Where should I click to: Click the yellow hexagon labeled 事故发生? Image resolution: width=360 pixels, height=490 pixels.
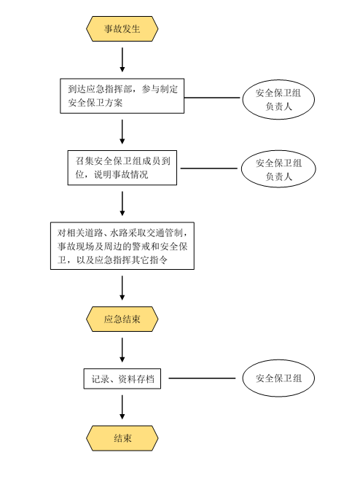tap(122, 28)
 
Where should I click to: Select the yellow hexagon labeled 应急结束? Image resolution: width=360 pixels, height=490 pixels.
tap(122, 319)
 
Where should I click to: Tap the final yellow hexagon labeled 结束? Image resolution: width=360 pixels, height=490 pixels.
tap(122, 437)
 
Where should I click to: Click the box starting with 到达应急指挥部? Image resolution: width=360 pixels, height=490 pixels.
tap(122, 96)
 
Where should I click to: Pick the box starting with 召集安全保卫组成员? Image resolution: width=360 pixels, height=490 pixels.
tap(122, 168)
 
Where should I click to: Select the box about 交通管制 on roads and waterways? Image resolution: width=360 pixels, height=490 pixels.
tap(122, 246)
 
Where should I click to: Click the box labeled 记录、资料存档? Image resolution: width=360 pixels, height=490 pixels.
tap(122, 378)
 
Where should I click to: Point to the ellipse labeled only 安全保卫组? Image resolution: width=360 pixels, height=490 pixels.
tap(278, 378)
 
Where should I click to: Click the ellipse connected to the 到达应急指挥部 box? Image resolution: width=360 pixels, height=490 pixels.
tap(278, 99)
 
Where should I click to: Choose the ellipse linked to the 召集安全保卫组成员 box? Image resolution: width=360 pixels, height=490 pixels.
tap(278, 168)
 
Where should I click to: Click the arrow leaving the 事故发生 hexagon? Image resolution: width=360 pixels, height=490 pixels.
tap(122, 60)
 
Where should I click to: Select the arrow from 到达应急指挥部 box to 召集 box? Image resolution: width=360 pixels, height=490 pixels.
tap(122, 131)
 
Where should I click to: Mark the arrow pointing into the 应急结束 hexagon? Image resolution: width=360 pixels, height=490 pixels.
tap(122, 288)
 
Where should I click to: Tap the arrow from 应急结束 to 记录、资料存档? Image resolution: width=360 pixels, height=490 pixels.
tap(122, 350)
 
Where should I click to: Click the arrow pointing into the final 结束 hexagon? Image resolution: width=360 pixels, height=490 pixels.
tap(122, 407)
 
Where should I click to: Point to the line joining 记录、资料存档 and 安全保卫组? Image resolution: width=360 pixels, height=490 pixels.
tap(202, 378)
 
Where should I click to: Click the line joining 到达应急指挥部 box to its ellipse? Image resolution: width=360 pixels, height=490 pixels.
tap(212, 98)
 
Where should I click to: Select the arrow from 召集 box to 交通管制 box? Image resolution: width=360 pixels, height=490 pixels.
tap(122, 203)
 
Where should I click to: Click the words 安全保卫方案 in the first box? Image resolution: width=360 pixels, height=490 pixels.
tap(95, 103)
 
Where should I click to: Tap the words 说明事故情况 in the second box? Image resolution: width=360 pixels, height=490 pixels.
tap(121, 174)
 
